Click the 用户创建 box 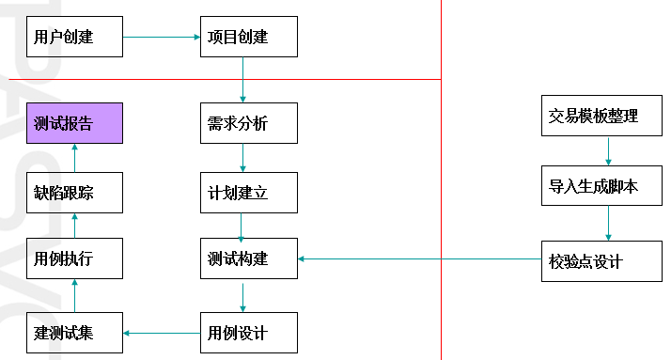point(74,38)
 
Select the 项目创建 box point(249,38)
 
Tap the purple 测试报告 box point(74,123)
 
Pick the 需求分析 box point(249,123)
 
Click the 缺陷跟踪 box point(74,193)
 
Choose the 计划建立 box point(249,193)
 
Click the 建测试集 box point(74,333)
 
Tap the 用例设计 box point(249,333)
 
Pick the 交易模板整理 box point(606,117)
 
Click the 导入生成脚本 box point(606,186)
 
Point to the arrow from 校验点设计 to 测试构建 point(419,258)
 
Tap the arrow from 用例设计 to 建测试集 point(163,333)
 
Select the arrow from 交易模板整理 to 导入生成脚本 point(608,151)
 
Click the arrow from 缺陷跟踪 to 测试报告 point(74,158)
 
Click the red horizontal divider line point(226,80)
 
